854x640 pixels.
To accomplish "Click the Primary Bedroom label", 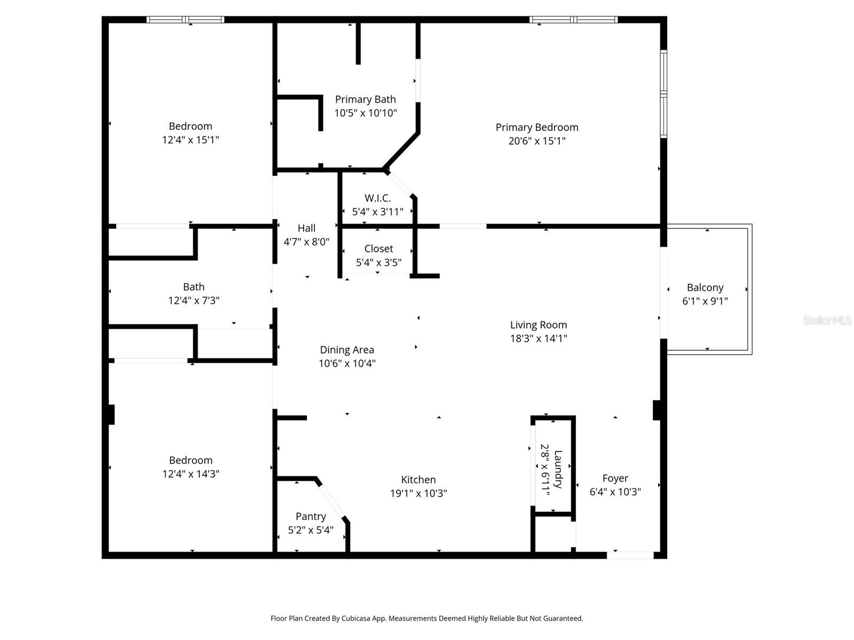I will [537, 127].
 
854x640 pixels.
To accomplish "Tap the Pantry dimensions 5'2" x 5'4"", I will [311, 530].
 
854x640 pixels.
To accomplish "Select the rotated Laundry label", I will [558, 469].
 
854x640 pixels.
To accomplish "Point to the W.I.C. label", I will [377, 198].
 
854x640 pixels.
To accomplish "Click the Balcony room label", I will [705, 287].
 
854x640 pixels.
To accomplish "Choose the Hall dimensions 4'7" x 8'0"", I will [306, 242].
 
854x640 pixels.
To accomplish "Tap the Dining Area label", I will [347, 350].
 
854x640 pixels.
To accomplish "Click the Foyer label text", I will [615, 478].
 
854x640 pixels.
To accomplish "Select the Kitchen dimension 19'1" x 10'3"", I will [418, 493].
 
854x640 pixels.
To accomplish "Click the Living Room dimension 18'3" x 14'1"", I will [538, 338].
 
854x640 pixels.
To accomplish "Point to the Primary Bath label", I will [365, 100].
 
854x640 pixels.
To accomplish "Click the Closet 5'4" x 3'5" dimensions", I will [378, 262].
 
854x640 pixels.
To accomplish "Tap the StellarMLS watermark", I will [827, 321].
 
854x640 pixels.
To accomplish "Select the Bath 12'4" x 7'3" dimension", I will [194, 300].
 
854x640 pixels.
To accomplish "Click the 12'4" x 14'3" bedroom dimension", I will [191, 474].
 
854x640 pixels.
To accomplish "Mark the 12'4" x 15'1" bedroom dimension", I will [191, 140].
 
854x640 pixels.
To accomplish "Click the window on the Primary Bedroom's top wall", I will [573, 20].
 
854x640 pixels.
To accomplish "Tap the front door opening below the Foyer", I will [630, 555].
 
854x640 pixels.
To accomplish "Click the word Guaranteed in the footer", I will [562, 619].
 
